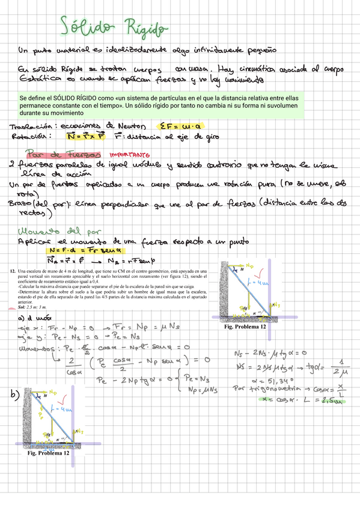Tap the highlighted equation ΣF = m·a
tap(182, 126)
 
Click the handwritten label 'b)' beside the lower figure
tap(13, 395)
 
